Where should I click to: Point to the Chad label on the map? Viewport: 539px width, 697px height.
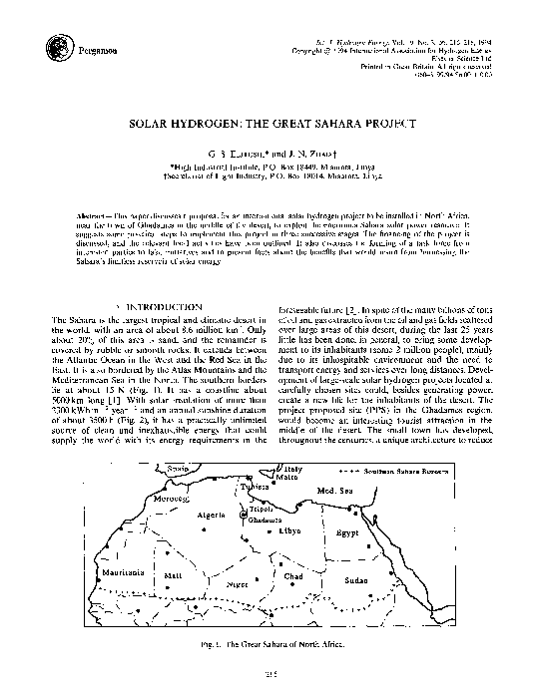point(292,576)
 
